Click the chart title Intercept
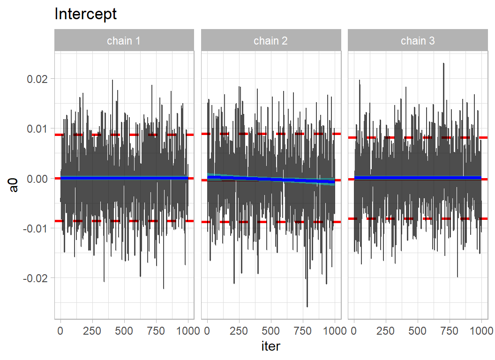[x=85, y=14]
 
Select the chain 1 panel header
[x=124, y=41]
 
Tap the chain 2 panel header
[x=270, y=41]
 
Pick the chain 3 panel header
[x=418, y=41]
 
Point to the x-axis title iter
[x=270, y=346]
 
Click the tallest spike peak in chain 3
[x=443, y=63]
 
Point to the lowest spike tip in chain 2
[x=307, y=307]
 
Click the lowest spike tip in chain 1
[x=164, y=289]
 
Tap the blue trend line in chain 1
[x=124, y=178]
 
